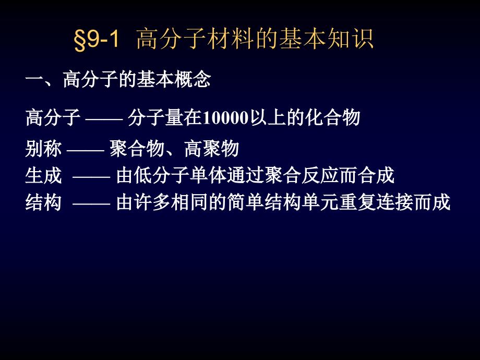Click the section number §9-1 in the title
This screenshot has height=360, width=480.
pos(97,40)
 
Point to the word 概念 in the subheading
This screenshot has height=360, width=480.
pos(193,80)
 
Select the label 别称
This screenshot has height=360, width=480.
pos(43,149)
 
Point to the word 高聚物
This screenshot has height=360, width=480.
pos(211,149)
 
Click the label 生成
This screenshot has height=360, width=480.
pos(43,176)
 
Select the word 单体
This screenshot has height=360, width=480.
pos(208,176)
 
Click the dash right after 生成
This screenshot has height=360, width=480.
pos(91,177)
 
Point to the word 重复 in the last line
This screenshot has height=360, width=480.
pos(357,202)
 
